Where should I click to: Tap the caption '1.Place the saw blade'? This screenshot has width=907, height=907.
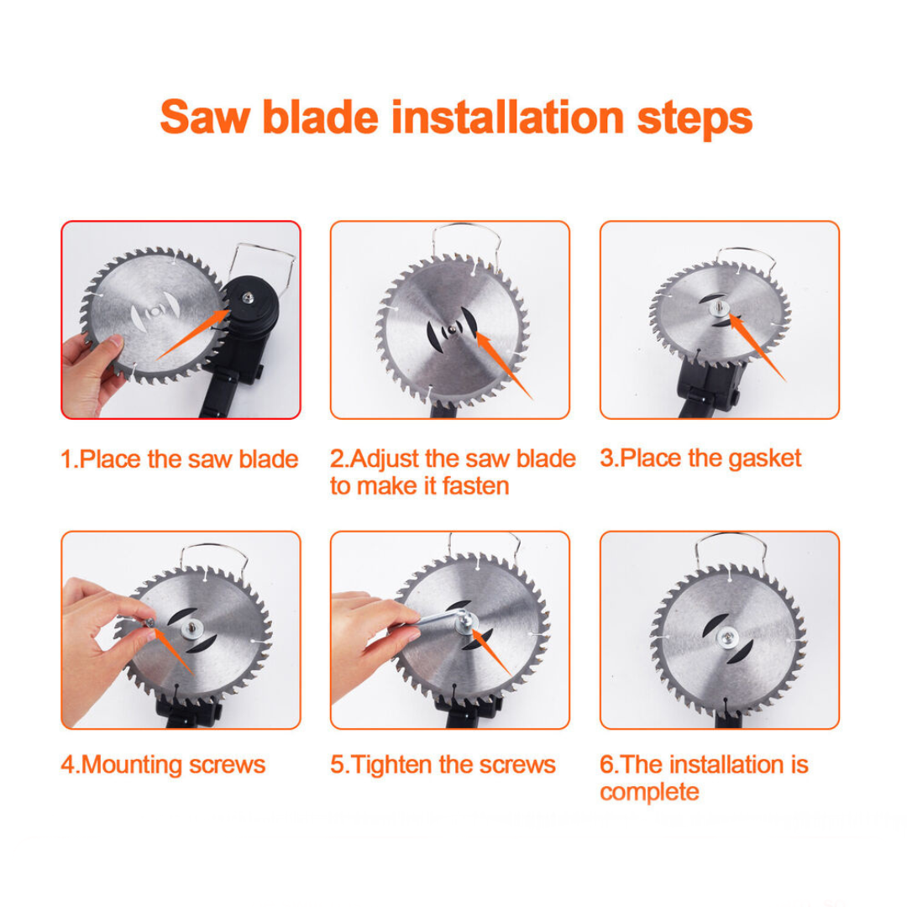(x=180, y=459)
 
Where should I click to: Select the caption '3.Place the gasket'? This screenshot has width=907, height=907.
(x=700, y=458)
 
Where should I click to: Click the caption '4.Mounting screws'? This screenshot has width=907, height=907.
(x=163, y=764)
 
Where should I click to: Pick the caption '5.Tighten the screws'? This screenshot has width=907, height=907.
(x=443, y=764)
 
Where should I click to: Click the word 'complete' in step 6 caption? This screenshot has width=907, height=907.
(x=649, y=791)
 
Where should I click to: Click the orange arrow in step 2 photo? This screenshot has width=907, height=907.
(x=504, y=365)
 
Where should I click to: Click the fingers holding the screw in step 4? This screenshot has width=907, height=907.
(x=118, y=613)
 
